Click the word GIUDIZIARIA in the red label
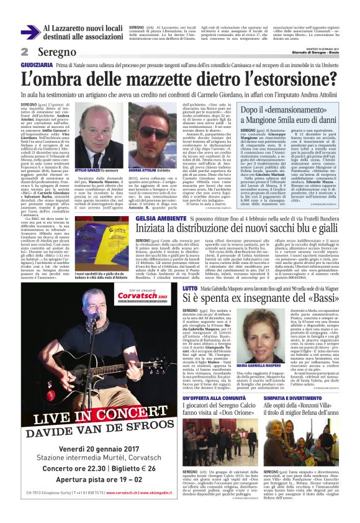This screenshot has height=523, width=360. pyautogui.click(x=37, y=65)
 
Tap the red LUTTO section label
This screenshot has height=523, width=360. pyautogui.click(x=190, y=288)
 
